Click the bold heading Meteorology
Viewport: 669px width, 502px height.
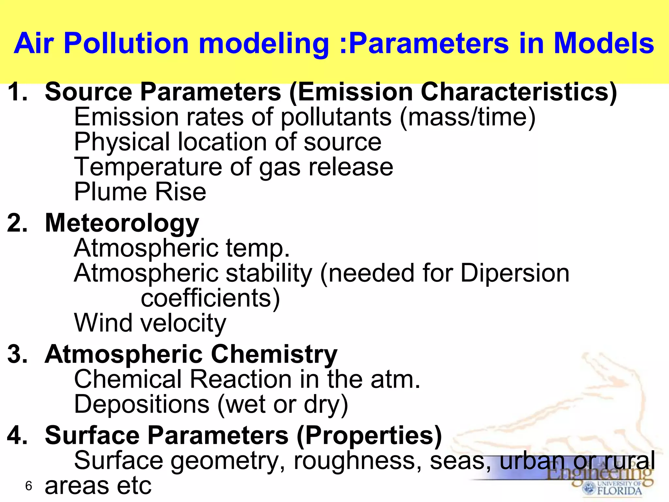click(x=122, y=223)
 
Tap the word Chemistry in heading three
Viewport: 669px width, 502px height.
click(x=274, y=354)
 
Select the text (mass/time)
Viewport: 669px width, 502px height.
click(x=467, y=117)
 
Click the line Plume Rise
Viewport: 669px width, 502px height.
click(x=140, y=192)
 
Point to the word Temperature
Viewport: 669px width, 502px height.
click(x=148, y=167)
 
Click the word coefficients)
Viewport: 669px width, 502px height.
click(x=210, y=298)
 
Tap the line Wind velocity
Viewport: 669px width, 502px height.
click(x=150, y=323)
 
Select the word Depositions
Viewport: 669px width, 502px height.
click(x=142, y=404)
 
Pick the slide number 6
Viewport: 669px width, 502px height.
click(x=28, y=486)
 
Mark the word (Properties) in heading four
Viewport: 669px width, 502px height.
click(x=369, y=435)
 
